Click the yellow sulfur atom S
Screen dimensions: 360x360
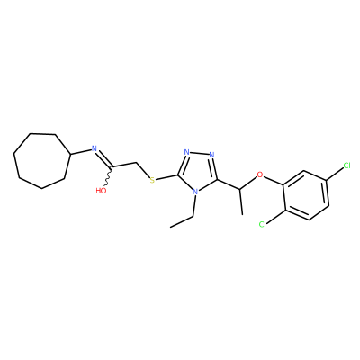pos(152,180)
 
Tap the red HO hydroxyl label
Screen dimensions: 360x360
pos(101,191)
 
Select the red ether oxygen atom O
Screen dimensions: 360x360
pos(260,175)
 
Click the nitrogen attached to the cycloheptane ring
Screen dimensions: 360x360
pos(94,148)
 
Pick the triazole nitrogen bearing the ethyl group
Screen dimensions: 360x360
pos(195,192)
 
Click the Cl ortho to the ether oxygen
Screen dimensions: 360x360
pos(263,224)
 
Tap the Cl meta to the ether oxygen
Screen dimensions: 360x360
pos(346,166)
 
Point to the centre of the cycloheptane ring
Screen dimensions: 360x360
pos(41,160)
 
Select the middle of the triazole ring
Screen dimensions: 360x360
pos(198,171)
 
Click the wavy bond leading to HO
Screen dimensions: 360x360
pos(109,176)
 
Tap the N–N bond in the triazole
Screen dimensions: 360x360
pos(200,154)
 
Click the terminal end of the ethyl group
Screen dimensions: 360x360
pos(170,227)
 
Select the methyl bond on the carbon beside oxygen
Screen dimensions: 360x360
pos(241,202)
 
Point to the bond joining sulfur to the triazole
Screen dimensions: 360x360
pos(167,178)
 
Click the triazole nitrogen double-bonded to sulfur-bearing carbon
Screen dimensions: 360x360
pos(187,152)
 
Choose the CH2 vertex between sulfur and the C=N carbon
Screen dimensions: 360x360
pos(137,163)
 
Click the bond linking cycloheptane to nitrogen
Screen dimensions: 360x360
pos(80,152)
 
